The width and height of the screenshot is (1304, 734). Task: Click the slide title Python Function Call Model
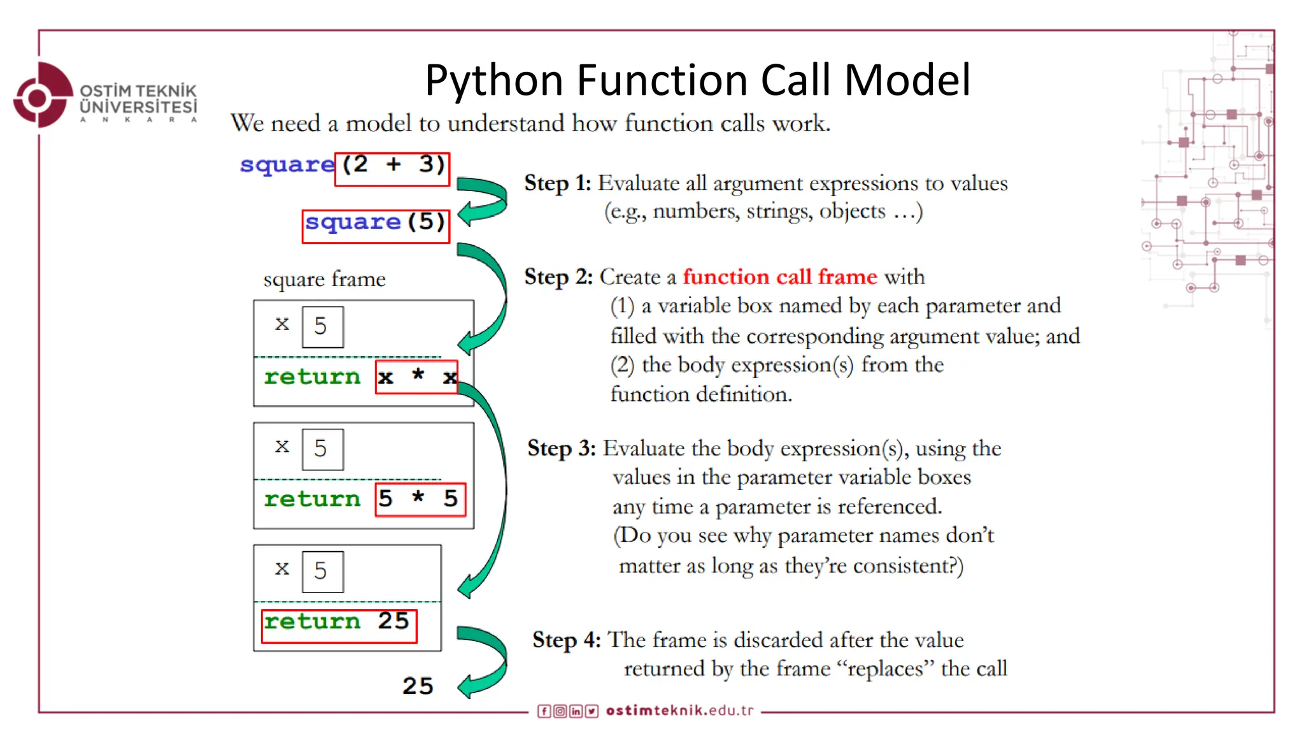point(698,80)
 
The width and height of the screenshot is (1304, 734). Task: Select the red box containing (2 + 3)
point(392,169)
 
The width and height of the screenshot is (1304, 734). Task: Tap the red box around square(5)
point(376,226)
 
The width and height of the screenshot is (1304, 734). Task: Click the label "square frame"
point(324,279)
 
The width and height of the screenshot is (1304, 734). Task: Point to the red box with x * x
point(416,377)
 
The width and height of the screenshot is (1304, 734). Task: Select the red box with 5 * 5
point(420,499)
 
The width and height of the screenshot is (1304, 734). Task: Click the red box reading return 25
point(339,625)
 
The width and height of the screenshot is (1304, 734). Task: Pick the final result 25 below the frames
point(418,686)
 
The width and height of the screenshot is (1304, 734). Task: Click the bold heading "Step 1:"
point(558,183)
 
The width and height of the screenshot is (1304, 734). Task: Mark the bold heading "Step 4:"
point(567,640)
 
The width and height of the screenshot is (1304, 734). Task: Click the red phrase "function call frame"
point(780,277)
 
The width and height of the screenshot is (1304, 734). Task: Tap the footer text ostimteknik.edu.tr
point(679,710)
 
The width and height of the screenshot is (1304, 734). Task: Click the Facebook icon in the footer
point(544,711)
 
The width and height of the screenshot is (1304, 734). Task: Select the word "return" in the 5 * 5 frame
point(312,499)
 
